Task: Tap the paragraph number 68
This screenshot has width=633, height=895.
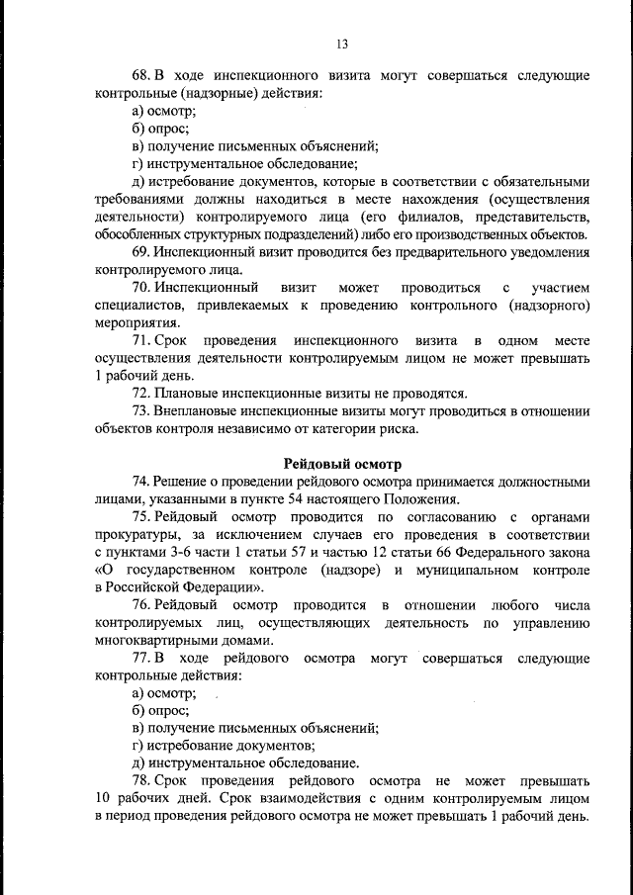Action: click(x=139, y=75)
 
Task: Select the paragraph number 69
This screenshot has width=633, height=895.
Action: click(x=139, y=251)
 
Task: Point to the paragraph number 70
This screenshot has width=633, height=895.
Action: click(x=139, y=287)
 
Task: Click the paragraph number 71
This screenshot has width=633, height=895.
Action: click(x=139, y=340)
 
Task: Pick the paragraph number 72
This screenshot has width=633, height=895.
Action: click(x=139, y=394)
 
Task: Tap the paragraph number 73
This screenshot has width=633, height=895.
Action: click(x=139, y=411)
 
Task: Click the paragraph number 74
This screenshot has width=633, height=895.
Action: click(x=139, y=482)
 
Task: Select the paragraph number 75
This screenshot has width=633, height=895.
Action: click(x=139, y=517)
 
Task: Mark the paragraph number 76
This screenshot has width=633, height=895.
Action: click(x=139, y=604)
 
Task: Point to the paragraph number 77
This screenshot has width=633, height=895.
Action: click(x=139, y=658)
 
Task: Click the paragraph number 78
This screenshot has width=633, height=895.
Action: click(x=139, y=781)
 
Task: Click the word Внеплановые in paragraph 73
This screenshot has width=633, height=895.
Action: click(x=196, y=411)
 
